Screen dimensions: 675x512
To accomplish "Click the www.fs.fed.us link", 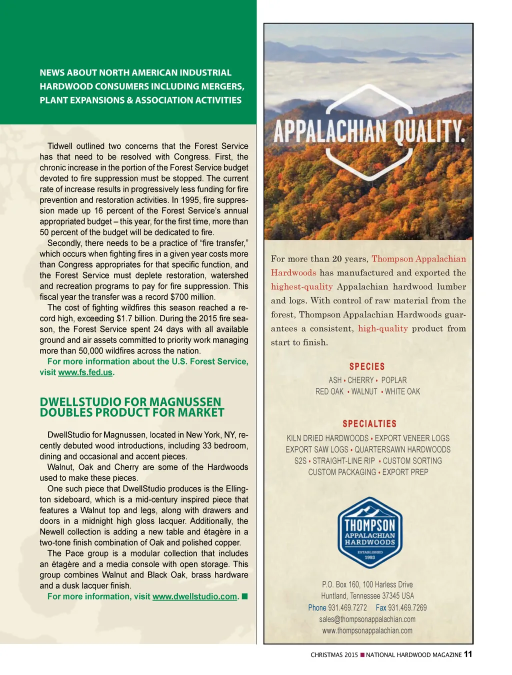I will coord(85,372).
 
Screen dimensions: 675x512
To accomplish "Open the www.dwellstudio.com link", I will coord(194,596).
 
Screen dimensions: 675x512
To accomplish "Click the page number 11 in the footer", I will coord(468,654).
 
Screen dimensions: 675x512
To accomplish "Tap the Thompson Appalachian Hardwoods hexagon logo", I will coord(370,532).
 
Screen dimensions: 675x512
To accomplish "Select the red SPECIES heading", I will coord(367,366).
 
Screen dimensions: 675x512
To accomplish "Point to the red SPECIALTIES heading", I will coord(369,423).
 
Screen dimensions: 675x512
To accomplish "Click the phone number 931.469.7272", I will coord(347,607).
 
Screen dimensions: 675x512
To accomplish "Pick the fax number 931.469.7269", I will coord(407,607).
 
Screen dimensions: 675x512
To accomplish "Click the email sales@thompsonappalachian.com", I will coord(367,619).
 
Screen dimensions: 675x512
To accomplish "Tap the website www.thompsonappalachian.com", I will coord(367,630).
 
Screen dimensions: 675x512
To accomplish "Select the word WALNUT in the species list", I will coord(364,391).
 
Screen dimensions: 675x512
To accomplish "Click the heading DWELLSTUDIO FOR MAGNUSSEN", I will coord(130,402).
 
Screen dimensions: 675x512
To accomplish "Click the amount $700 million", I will coord(190,297).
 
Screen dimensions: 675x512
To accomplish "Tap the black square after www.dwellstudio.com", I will coord(244,596).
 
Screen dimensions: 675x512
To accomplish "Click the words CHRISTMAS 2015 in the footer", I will coord(334,654).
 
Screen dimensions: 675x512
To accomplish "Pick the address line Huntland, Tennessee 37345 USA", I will coord(367,596).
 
